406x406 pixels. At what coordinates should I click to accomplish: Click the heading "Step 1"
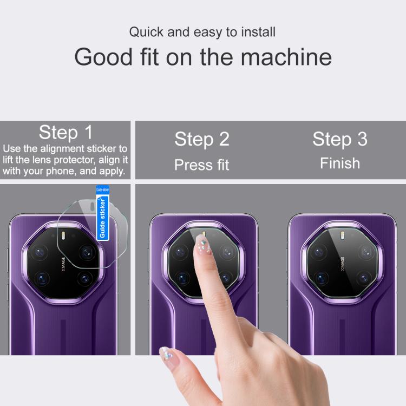coord(66,132)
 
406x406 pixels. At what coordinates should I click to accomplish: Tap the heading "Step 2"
coord(202,139)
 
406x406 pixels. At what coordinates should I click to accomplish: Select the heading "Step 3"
coord(340,139)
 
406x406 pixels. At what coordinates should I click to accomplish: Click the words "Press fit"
coord(202,165)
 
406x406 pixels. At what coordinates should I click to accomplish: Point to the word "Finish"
coord(340,163)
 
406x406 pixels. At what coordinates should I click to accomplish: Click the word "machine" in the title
coord(286,57)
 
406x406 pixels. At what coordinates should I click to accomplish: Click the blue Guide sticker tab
coord(102,213)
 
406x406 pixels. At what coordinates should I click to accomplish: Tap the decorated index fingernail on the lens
coord(202,244)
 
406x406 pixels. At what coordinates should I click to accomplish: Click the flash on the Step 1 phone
coord(63,235)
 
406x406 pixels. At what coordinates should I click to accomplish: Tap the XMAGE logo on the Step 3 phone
coord(342,264)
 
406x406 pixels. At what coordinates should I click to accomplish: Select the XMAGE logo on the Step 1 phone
coord(63,264)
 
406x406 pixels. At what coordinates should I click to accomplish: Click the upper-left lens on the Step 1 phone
coord(40,252)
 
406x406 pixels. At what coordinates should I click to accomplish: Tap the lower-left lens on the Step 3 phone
coord(321,278)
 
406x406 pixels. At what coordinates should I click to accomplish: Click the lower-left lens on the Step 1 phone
coord(42,278)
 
